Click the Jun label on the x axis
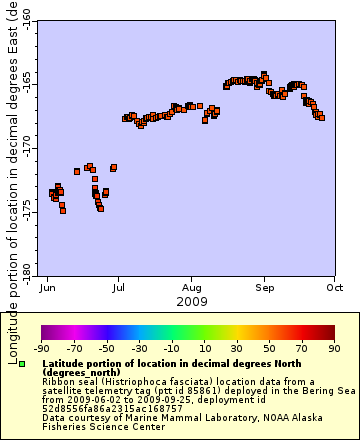pos(47,287)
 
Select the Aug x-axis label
pos(191,287)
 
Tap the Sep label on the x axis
pos(264,287)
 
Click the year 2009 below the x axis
pos(191,301)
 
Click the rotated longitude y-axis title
pos(11,170)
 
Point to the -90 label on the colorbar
pos(42,349)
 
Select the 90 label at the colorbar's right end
pos(334,349)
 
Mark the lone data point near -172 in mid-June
pos(77,171)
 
